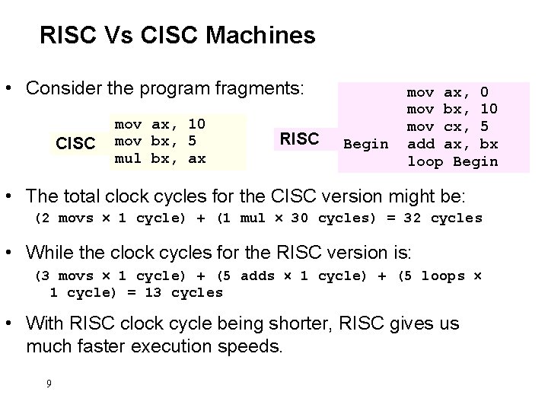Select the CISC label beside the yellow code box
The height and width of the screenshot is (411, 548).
pos(75,143)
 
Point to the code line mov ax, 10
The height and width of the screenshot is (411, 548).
pos(160,123)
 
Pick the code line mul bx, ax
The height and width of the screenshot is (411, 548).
pos(160,158)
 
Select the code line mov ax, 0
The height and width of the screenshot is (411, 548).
pos(448,92)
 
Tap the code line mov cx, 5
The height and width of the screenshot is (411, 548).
pos(448,126)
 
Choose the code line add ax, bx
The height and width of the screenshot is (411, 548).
pos(453,144)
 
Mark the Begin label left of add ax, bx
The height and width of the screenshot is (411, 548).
pos(367,144)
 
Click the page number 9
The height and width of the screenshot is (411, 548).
pos(49,383)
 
